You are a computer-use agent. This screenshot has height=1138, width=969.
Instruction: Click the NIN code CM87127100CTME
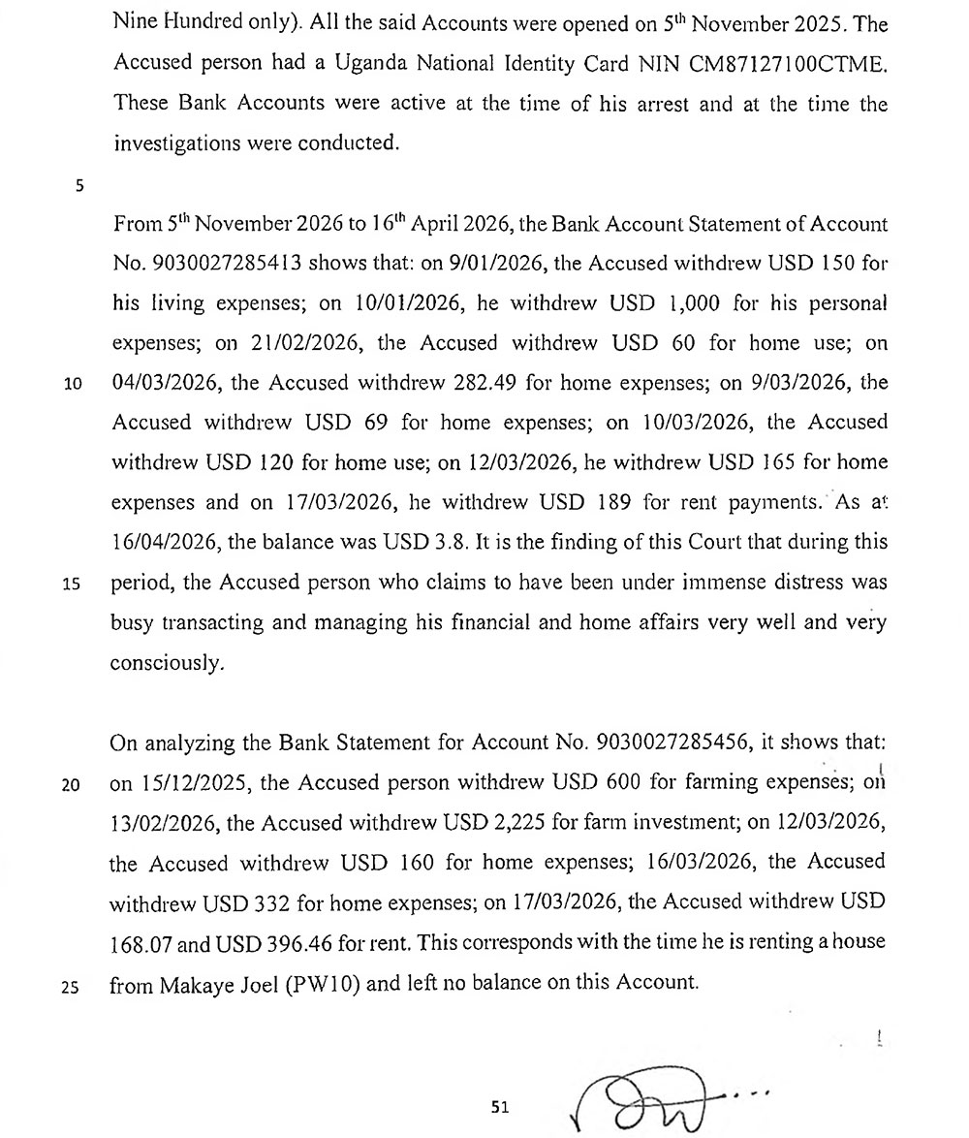tap(766, 63)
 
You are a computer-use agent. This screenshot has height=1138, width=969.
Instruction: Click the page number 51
tap(500, 1106)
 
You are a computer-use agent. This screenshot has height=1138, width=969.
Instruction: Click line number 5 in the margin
tap(78, 186)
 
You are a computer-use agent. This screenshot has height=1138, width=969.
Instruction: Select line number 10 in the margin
tap(72, 384)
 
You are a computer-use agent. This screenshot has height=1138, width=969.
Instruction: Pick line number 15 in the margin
tap(72, 585)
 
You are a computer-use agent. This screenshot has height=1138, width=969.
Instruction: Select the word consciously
tap(168, 664)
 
